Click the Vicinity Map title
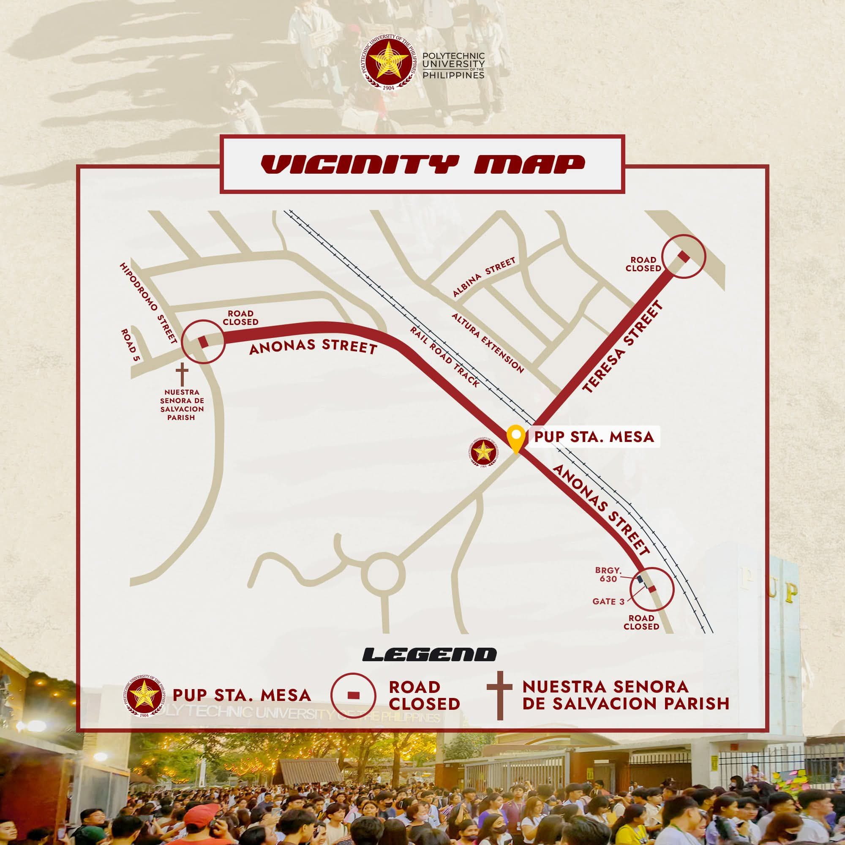click(x=422, y=164)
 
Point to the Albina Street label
click(x=484, y=277)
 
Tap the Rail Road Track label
click(x=444, y=357)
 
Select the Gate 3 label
click(x=608, y=602)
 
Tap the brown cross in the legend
click(x=499, y=697)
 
